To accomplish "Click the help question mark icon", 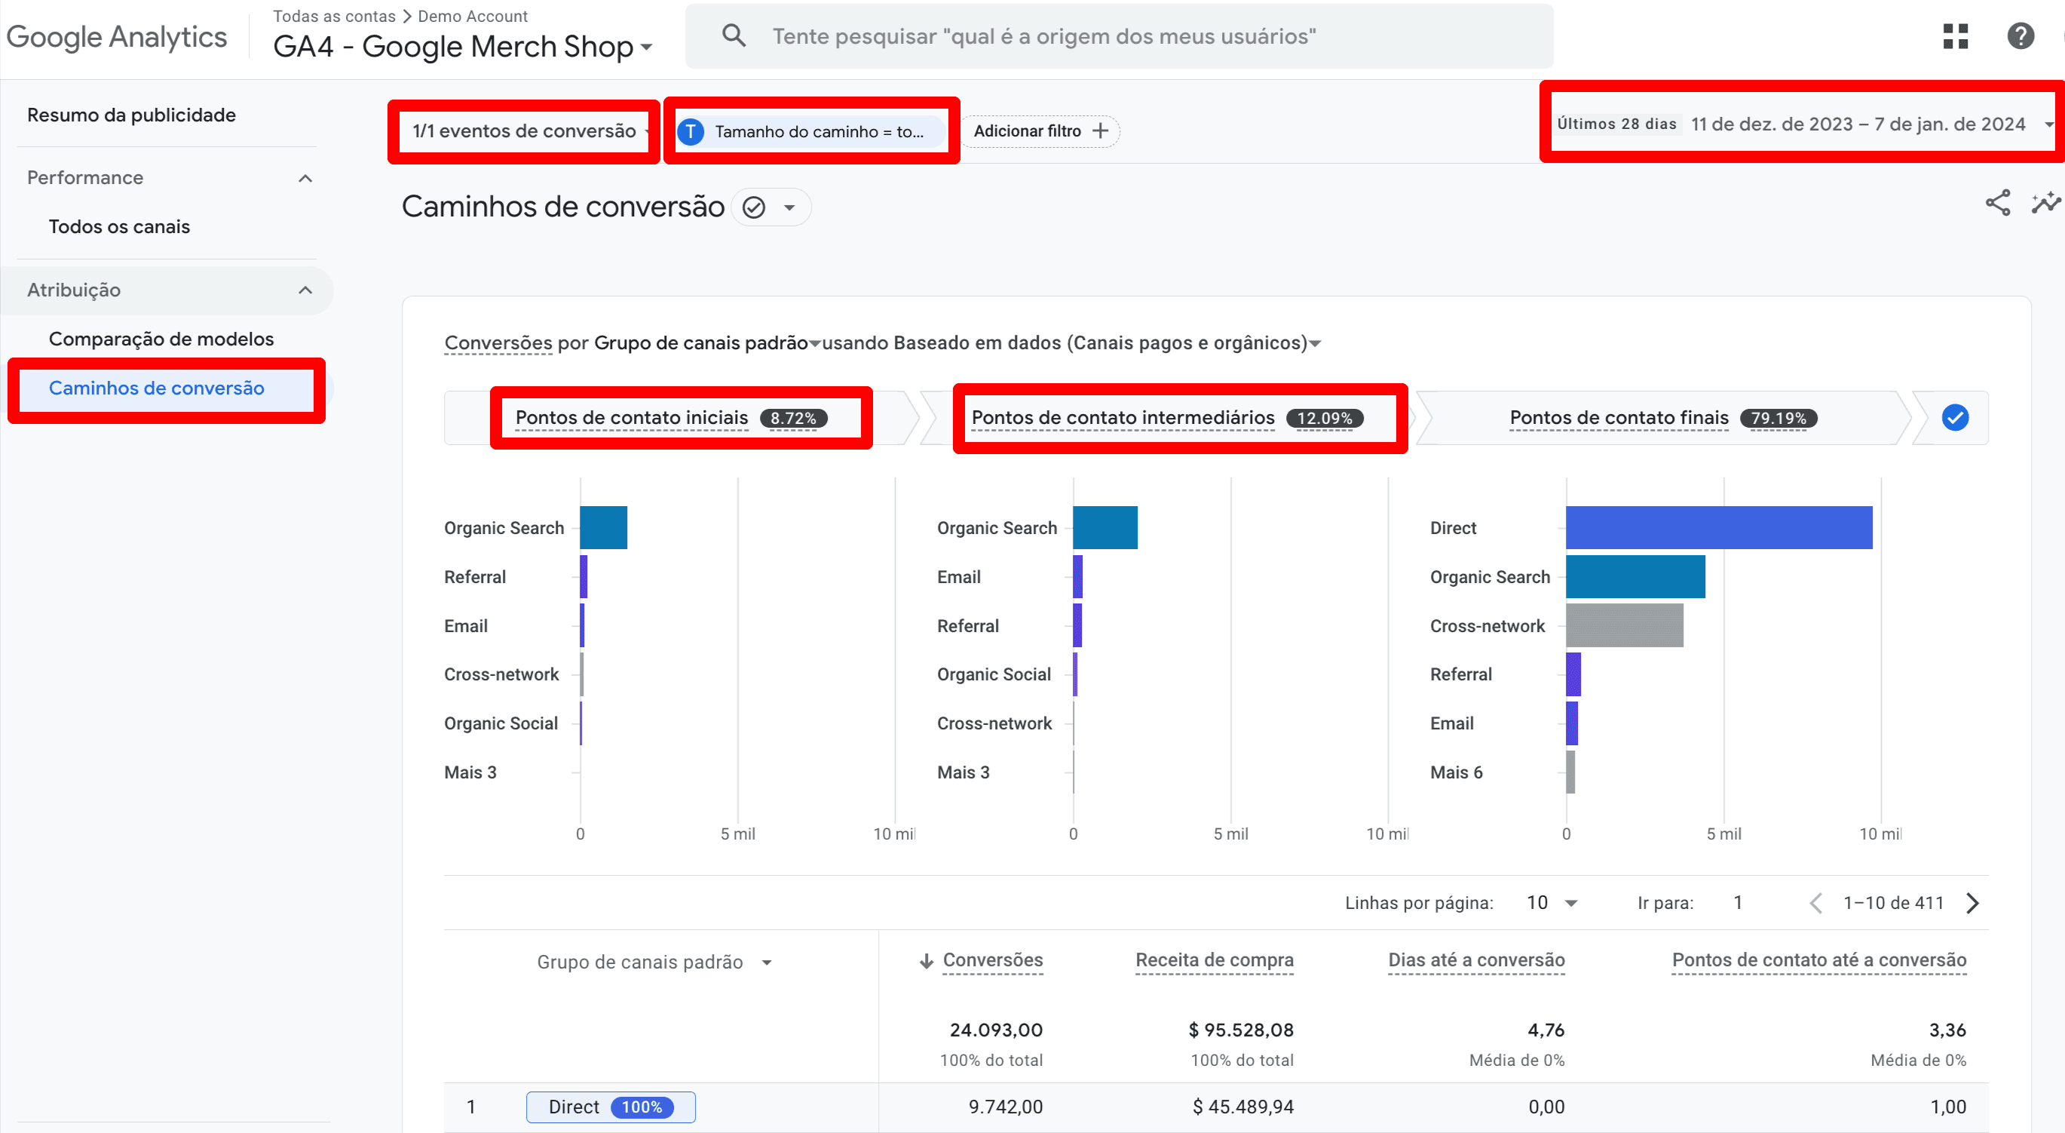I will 2020,36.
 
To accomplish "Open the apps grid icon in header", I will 1955,36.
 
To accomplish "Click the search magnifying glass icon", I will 734,35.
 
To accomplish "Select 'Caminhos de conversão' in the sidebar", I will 156,388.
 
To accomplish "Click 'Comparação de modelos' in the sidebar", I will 161,339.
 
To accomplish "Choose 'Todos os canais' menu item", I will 119,227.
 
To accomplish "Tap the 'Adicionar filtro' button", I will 1040,130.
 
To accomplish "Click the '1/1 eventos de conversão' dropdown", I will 525,130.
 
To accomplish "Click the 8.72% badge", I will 793,418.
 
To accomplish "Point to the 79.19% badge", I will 1777,418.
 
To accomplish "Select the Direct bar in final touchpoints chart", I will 1718,527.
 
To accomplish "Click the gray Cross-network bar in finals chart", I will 1623,625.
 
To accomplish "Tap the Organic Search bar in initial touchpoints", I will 603,527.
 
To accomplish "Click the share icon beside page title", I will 1997,203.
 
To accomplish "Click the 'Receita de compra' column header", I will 1214,960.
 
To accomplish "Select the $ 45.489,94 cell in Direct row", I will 1242,1107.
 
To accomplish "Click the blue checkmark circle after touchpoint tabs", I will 1954,418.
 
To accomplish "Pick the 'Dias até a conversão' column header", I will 1475,960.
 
